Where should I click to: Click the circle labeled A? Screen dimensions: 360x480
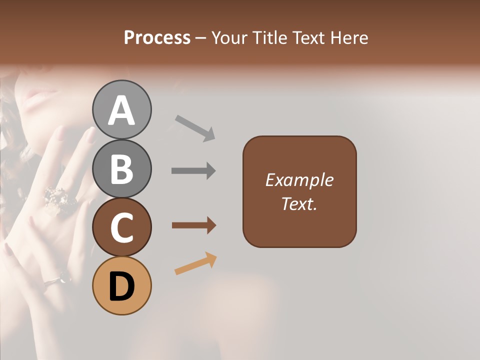[x=121, y=110]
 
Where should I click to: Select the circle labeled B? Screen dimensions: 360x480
[x=121, y=168]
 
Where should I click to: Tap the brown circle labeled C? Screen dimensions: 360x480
[x=121, y=227]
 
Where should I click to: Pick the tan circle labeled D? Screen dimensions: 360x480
[x=121, y=285]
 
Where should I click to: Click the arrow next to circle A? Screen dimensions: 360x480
[x=195, y=127]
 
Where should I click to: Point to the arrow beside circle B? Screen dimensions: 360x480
[x=193, y=171]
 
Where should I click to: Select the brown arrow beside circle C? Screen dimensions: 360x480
[x=193, y=225]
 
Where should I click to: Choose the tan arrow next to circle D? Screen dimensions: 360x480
[x=195, y=263]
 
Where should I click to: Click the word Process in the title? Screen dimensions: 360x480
[x=157, y=37]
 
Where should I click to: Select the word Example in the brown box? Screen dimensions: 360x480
[x=299, y=180]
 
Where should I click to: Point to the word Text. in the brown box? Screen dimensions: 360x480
[x=299, y=203]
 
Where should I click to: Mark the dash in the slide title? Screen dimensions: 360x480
[x=200, y=38]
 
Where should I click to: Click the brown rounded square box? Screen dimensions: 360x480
[x=299, y=191]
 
